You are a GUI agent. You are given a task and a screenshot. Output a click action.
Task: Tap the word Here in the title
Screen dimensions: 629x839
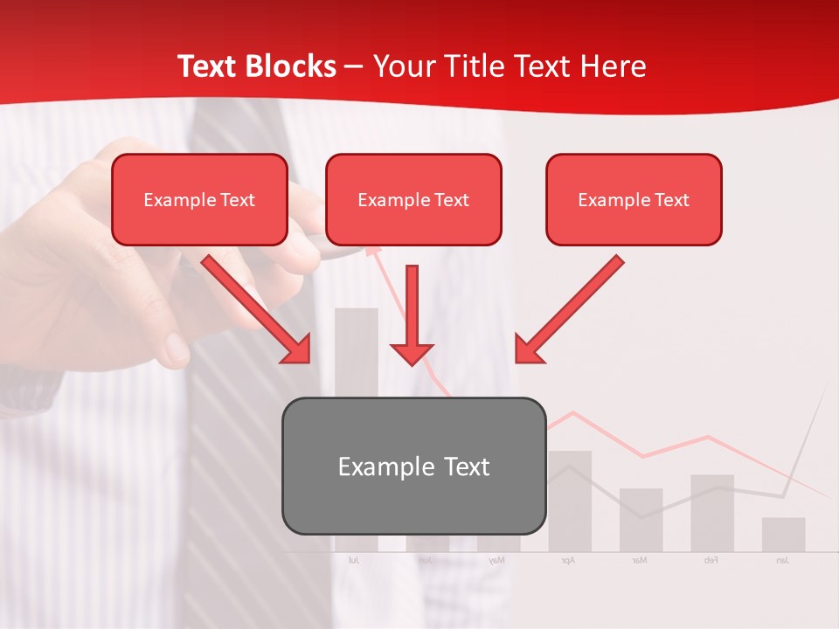coord(614,66)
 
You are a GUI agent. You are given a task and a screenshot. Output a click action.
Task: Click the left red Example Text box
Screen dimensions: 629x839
coord(199,199)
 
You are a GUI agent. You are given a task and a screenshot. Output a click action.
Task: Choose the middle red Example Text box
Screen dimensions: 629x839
coord(413,199)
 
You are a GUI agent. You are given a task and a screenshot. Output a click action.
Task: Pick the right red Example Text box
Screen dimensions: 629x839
coord(634,199)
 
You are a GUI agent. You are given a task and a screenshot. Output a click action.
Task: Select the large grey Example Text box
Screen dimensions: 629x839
coord(413,466)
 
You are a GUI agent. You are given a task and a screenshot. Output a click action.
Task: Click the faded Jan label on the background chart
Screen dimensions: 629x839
coord(782,560)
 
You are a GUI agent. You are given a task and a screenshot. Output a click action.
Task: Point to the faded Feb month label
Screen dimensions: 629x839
coord(711,560)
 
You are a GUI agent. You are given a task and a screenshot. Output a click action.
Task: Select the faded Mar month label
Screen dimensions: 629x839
coord(640,560)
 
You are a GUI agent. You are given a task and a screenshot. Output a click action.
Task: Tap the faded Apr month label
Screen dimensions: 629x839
coord(568,560)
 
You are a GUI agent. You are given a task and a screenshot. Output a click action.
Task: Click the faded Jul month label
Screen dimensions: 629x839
coord(354,560)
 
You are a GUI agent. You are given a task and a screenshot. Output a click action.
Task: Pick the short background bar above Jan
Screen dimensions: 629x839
coord(783,535)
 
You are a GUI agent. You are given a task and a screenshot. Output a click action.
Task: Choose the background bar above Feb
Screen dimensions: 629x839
coord(712,513)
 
